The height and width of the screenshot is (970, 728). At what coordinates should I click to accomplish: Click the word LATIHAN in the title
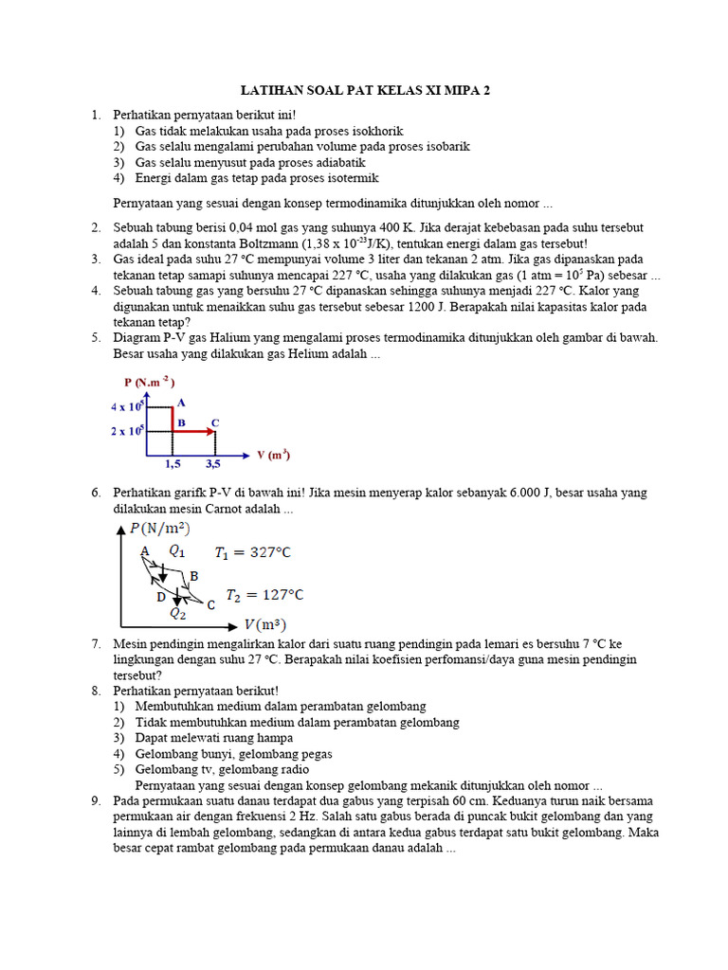[274, 91]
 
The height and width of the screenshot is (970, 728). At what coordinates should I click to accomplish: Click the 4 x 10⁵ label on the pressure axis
[126, 406]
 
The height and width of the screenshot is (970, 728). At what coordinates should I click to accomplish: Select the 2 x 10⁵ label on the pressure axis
[126, 431]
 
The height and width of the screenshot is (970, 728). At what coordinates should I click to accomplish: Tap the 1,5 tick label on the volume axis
[173, 464]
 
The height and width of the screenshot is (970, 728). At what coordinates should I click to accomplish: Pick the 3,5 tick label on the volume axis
[214, 464]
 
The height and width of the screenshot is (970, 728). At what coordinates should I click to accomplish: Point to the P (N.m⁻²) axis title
[149, 382]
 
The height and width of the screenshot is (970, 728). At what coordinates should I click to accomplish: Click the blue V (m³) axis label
[273, 455]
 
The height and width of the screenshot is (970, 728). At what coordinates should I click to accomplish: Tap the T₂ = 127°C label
[258, 595]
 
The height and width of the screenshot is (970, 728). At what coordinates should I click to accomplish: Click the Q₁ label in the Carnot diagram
[177, 550]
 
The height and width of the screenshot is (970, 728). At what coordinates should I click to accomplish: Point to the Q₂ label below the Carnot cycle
[178, 613]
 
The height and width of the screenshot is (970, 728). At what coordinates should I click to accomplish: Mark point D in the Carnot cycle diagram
[161, 597]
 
